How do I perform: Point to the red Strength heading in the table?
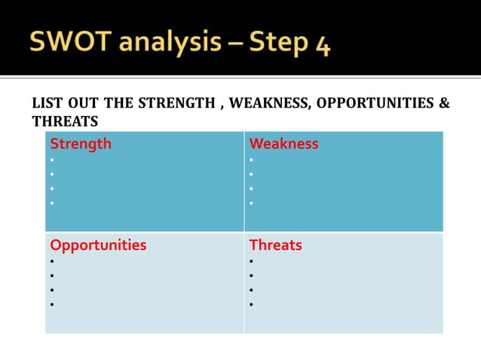[81, 143]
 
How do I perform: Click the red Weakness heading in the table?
[283, 143]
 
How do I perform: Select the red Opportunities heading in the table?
[98, 245]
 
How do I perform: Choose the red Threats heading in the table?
[275, 245]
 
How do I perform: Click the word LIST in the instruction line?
[46, 103]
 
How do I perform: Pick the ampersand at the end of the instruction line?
[444, 103]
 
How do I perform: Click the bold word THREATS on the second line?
[65, 121]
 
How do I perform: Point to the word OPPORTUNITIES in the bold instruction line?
[375, 103]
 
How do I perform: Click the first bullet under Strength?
[52, 160]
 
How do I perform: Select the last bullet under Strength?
[52, 203]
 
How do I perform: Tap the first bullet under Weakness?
[252, 160]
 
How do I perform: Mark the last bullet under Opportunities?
[52, 305]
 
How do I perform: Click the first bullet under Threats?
[252, 261]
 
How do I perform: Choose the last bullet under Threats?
[252, 305]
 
